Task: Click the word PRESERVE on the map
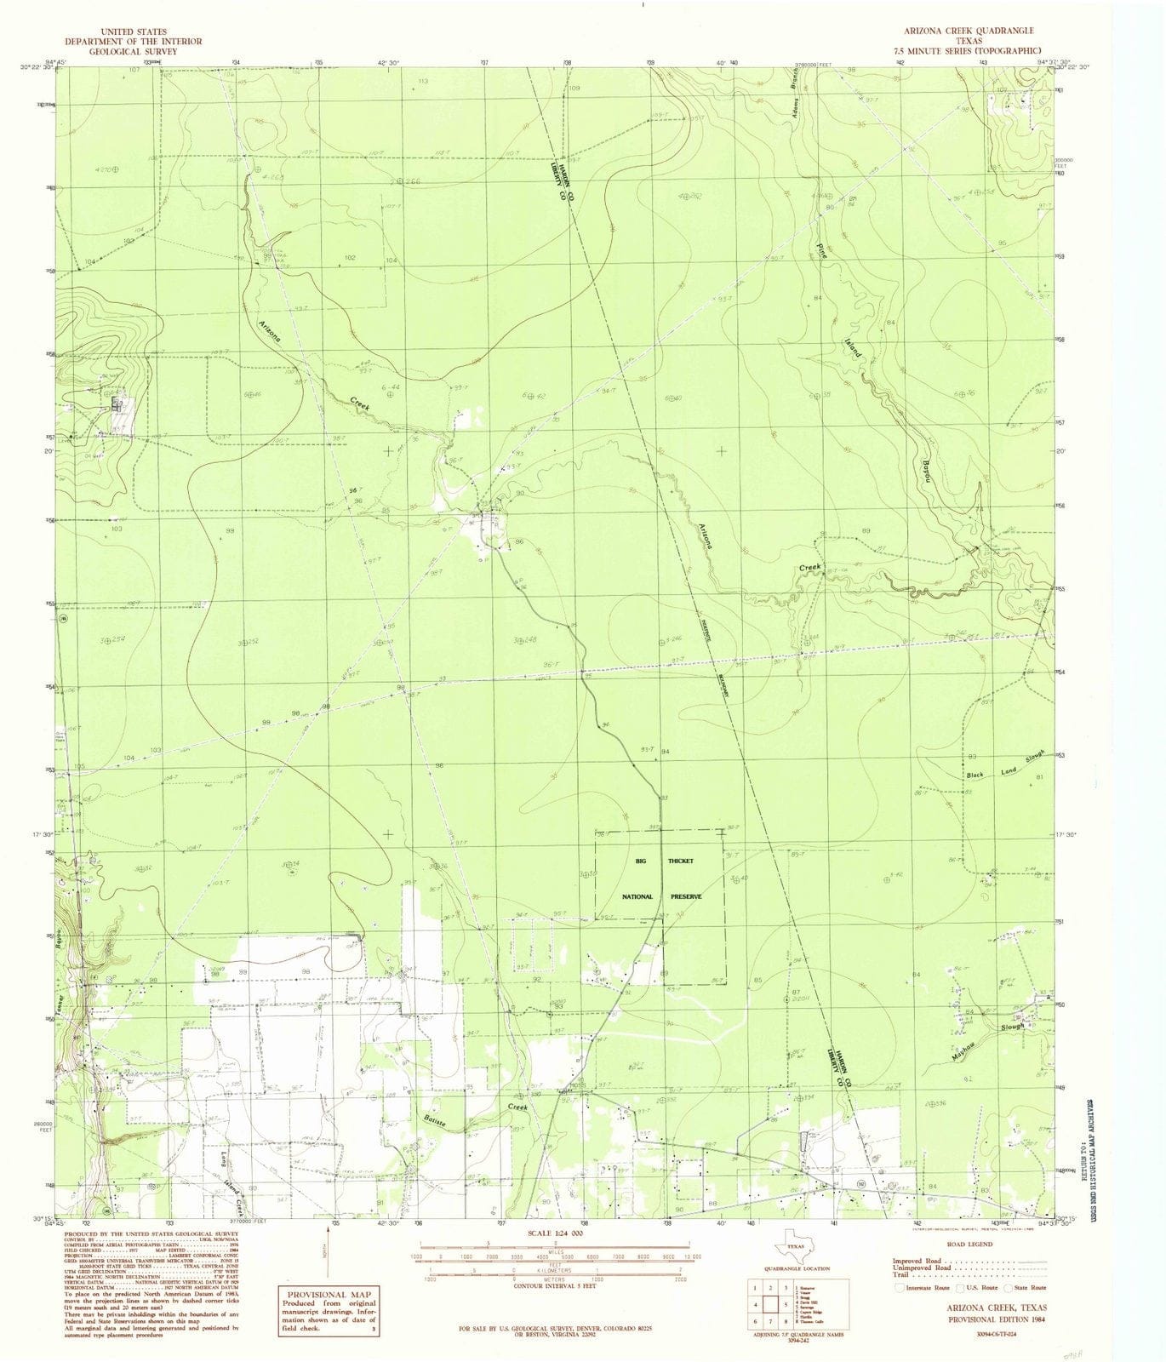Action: [x=685, y=896]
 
